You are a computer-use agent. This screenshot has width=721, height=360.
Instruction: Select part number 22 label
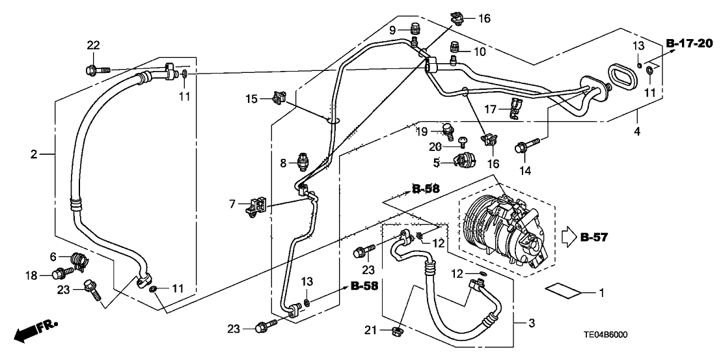[93, 44]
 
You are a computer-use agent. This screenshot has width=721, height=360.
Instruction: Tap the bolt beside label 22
[93, 68]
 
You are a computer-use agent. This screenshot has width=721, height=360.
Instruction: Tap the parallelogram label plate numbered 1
[564, 291]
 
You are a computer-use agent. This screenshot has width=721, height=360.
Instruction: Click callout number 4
[637, 132]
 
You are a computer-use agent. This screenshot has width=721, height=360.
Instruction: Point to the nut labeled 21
[394, 333]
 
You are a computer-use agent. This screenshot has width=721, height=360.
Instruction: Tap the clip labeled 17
[513, 109]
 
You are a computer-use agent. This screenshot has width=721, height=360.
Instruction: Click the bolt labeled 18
[60, 274]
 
